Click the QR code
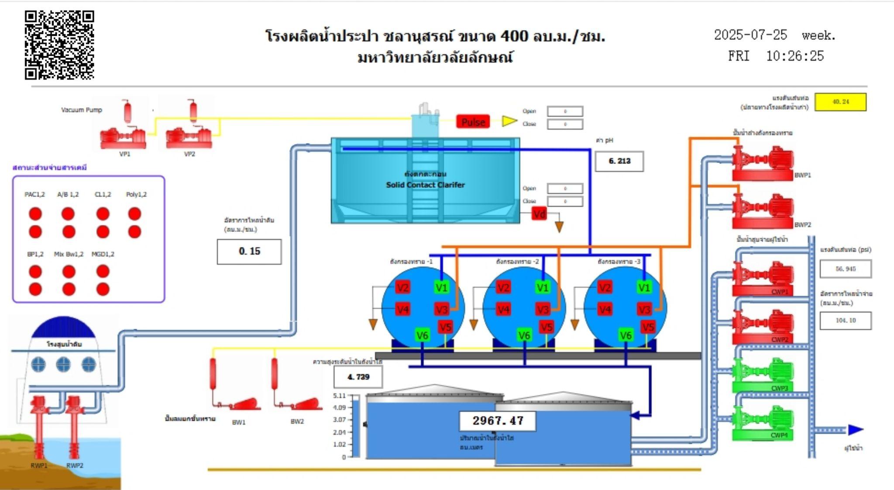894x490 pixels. tap(59, 45)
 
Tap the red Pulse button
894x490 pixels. tap(473, 122)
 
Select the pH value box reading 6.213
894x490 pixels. tap(619, 161)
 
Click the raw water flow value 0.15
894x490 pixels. tap(249, 252)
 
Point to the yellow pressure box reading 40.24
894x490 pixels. tap(840, 102)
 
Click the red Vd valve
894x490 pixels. tap(539, 214)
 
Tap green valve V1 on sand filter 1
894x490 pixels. tap(441, 287)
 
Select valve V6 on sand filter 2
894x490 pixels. tap(524, 335)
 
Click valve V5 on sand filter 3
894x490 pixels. tap(648, 327)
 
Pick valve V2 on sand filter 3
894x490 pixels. tap(605, 287)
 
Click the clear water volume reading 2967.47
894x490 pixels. tap(498, 421)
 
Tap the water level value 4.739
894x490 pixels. tap(358, 377)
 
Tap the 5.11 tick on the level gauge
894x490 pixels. tap(339, 396)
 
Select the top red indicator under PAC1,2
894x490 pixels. tap(35, 214)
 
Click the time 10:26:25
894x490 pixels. tap(794, 56)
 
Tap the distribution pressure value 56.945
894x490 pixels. tap(846, 269)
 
